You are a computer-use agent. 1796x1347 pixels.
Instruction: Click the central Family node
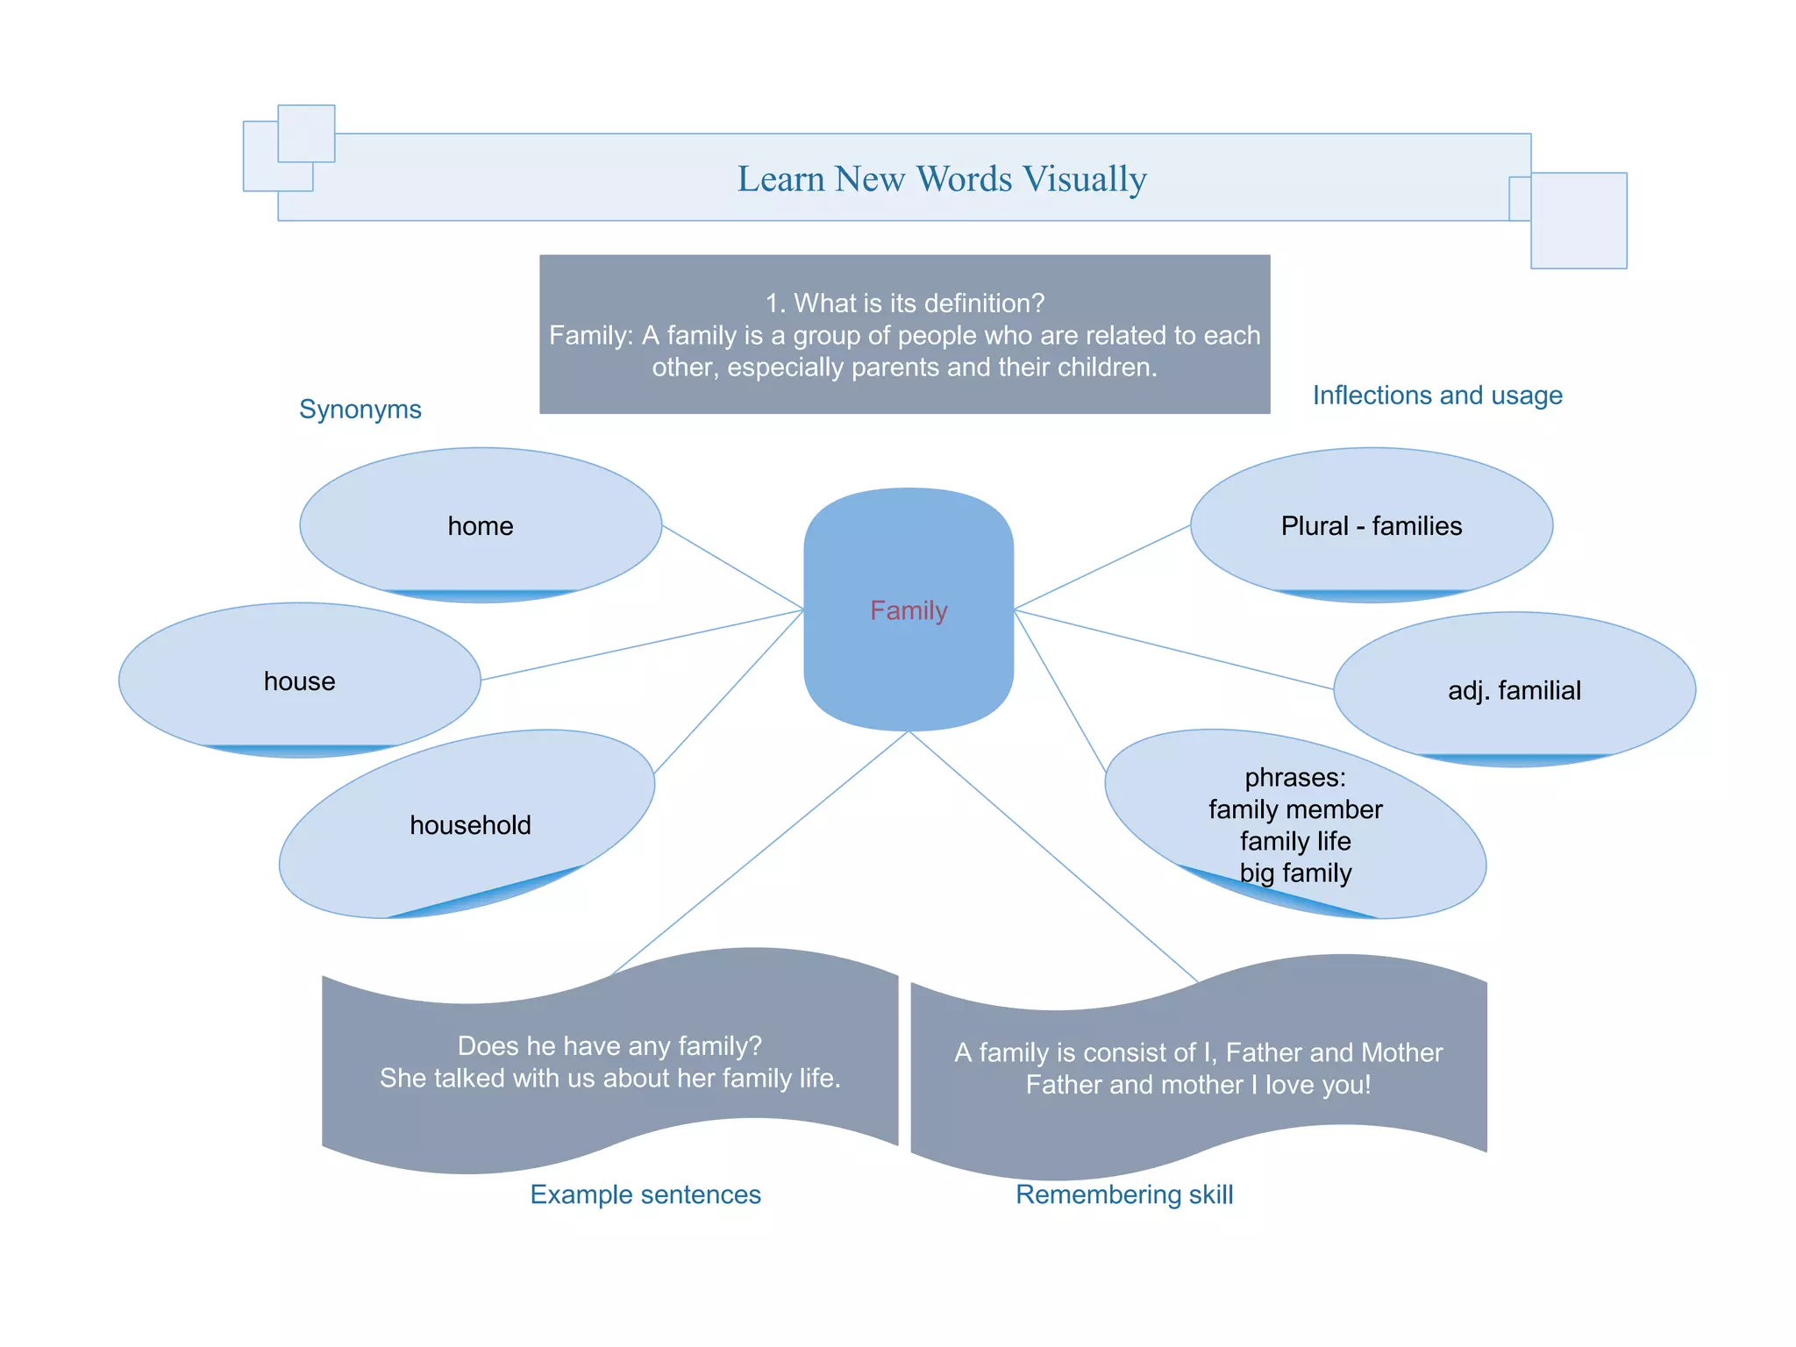click(909, 610)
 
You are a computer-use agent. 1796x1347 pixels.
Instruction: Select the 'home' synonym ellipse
click(481, 525)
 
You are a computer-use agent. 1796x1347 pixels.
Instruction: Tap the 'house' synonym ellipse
click(299, 681)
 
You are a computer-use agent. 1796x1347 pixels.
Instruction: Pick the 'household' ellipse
click(470, 824)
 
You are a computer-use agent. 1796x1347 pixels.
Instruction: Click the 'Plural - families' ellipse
click(1371, 525)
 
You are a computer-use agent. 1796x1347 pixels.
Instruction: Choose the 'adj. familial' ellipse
click(1514, 690)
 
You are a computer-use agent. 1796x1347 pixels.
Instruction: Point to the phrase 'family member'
click(1295, 809)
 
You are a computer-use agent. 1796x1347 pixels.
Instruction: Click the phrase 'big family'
click(1295, 873)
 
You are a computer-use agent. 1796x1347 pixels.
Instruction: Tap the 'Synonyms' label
click(360, 409)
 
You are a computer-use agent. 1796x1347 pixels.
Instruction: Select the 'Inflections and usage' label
click(1436, 395)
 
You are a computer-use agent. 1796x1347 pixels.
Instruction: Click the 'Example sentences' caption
click(645, 1194)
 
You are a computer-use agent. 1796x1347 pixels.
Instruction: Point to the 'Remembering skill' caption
click(1124, 1194)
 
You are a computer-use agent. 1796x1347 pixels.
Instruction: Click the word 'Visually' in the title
click(1085, 179)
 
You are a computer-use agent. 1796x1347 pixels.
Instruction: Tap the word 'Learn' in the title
click(780, 179)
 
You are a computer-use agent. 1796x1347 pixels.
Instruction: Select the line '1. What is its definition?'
click(905, 303)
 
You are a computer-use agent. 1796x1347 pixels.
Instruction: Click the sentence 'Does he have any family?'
click(609, 1045)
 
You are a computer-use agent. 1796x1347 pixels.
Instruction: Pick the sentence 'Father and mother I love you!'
click(1198, 1085)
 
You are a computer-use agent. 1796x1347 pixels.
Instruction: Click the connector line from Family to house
click(642, 645)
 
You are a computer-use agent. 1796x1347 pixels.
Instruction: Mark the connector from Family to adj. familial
click(1173, 650)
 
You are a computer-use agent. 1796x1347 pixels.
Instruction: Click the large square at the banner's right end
click(1579, 220)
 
